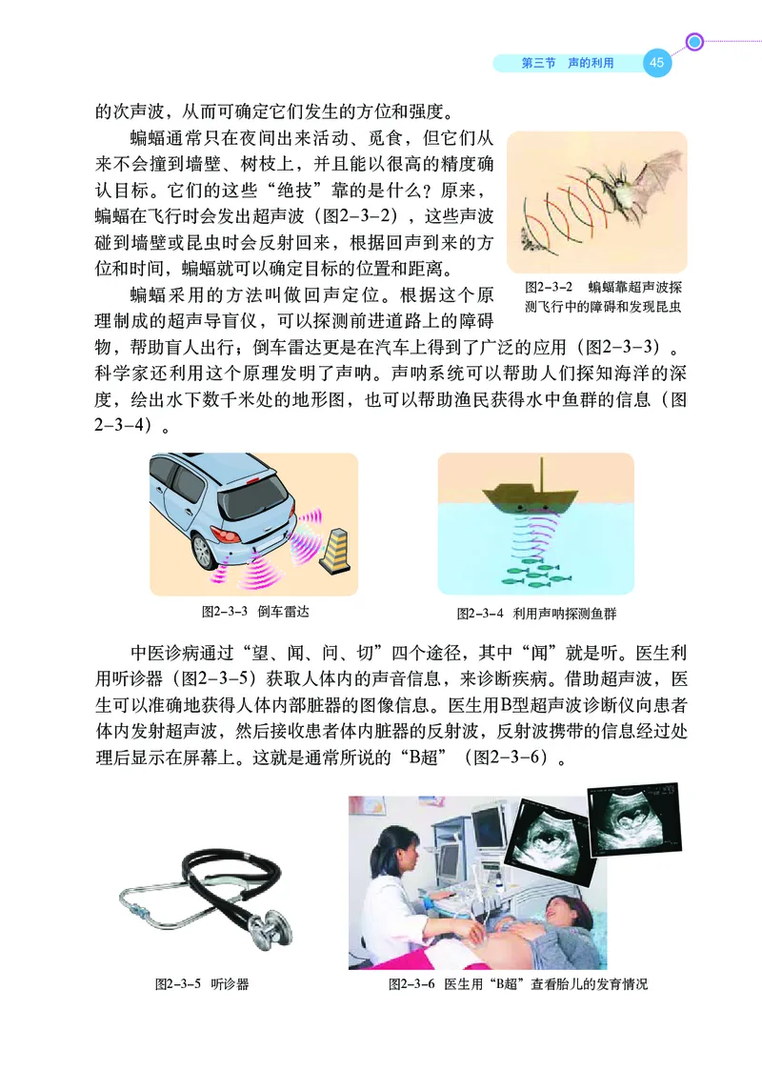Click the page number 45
click(x=657, y=63)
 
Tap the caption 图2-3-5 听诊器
click(x=202, y=983)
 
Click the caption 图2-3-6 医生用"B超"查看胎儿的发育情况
click(x=517, y=983)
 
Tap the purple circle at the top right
click(x=695, y=42)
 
